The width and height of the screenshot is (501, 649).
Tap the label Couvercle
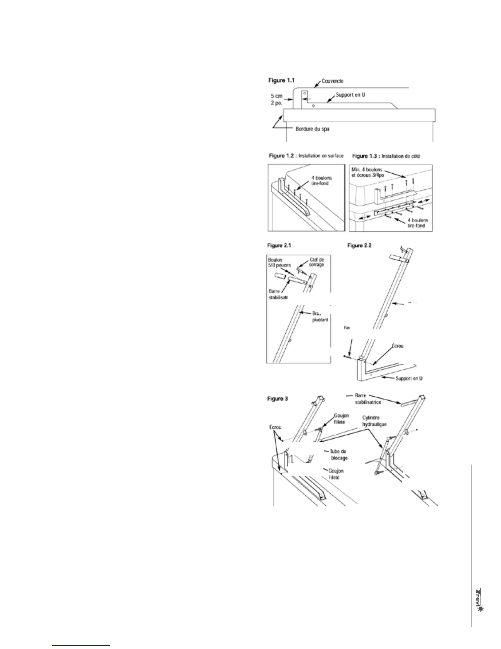[x=332, y=81]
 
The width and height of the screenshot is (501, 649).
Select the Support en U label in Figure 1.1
[x=350, y=95]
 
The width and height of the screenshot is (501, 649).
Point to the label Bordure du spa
[x=312, y=129]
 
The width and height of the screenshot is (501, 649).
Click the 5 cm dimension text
[x=276, y=96]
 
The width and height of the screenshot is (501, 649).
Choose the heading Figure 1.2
[x=282, y=156]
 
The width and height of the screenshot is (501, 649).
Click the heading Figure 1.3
[x=366, y=156]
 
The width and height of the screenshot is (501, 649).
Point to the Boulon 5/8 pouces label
[x=279, y=263]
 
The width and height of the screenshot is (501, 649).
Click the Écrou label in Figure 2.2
[x=395, y=346]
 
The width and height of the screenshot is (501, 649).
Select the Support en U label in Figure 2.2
[x=409, y=378]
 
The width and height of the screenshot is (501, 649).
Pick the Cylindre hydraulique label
[x=375, y=421]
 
